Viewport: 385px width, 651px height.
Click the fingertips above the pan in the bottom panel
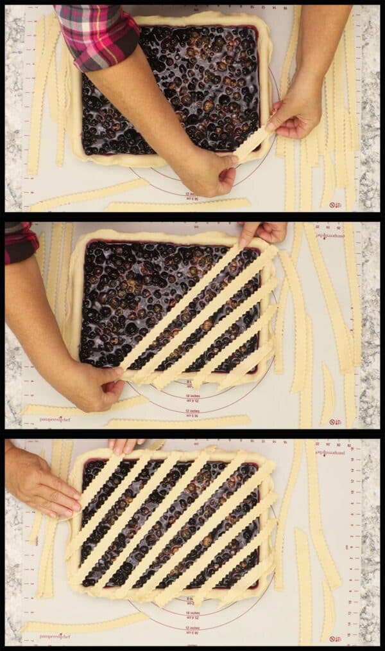124,445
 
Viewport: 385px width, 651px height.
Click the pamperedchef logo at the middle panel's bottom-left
55,419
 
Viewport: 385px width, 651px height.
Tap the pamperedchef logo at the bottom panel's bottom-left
55,636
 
